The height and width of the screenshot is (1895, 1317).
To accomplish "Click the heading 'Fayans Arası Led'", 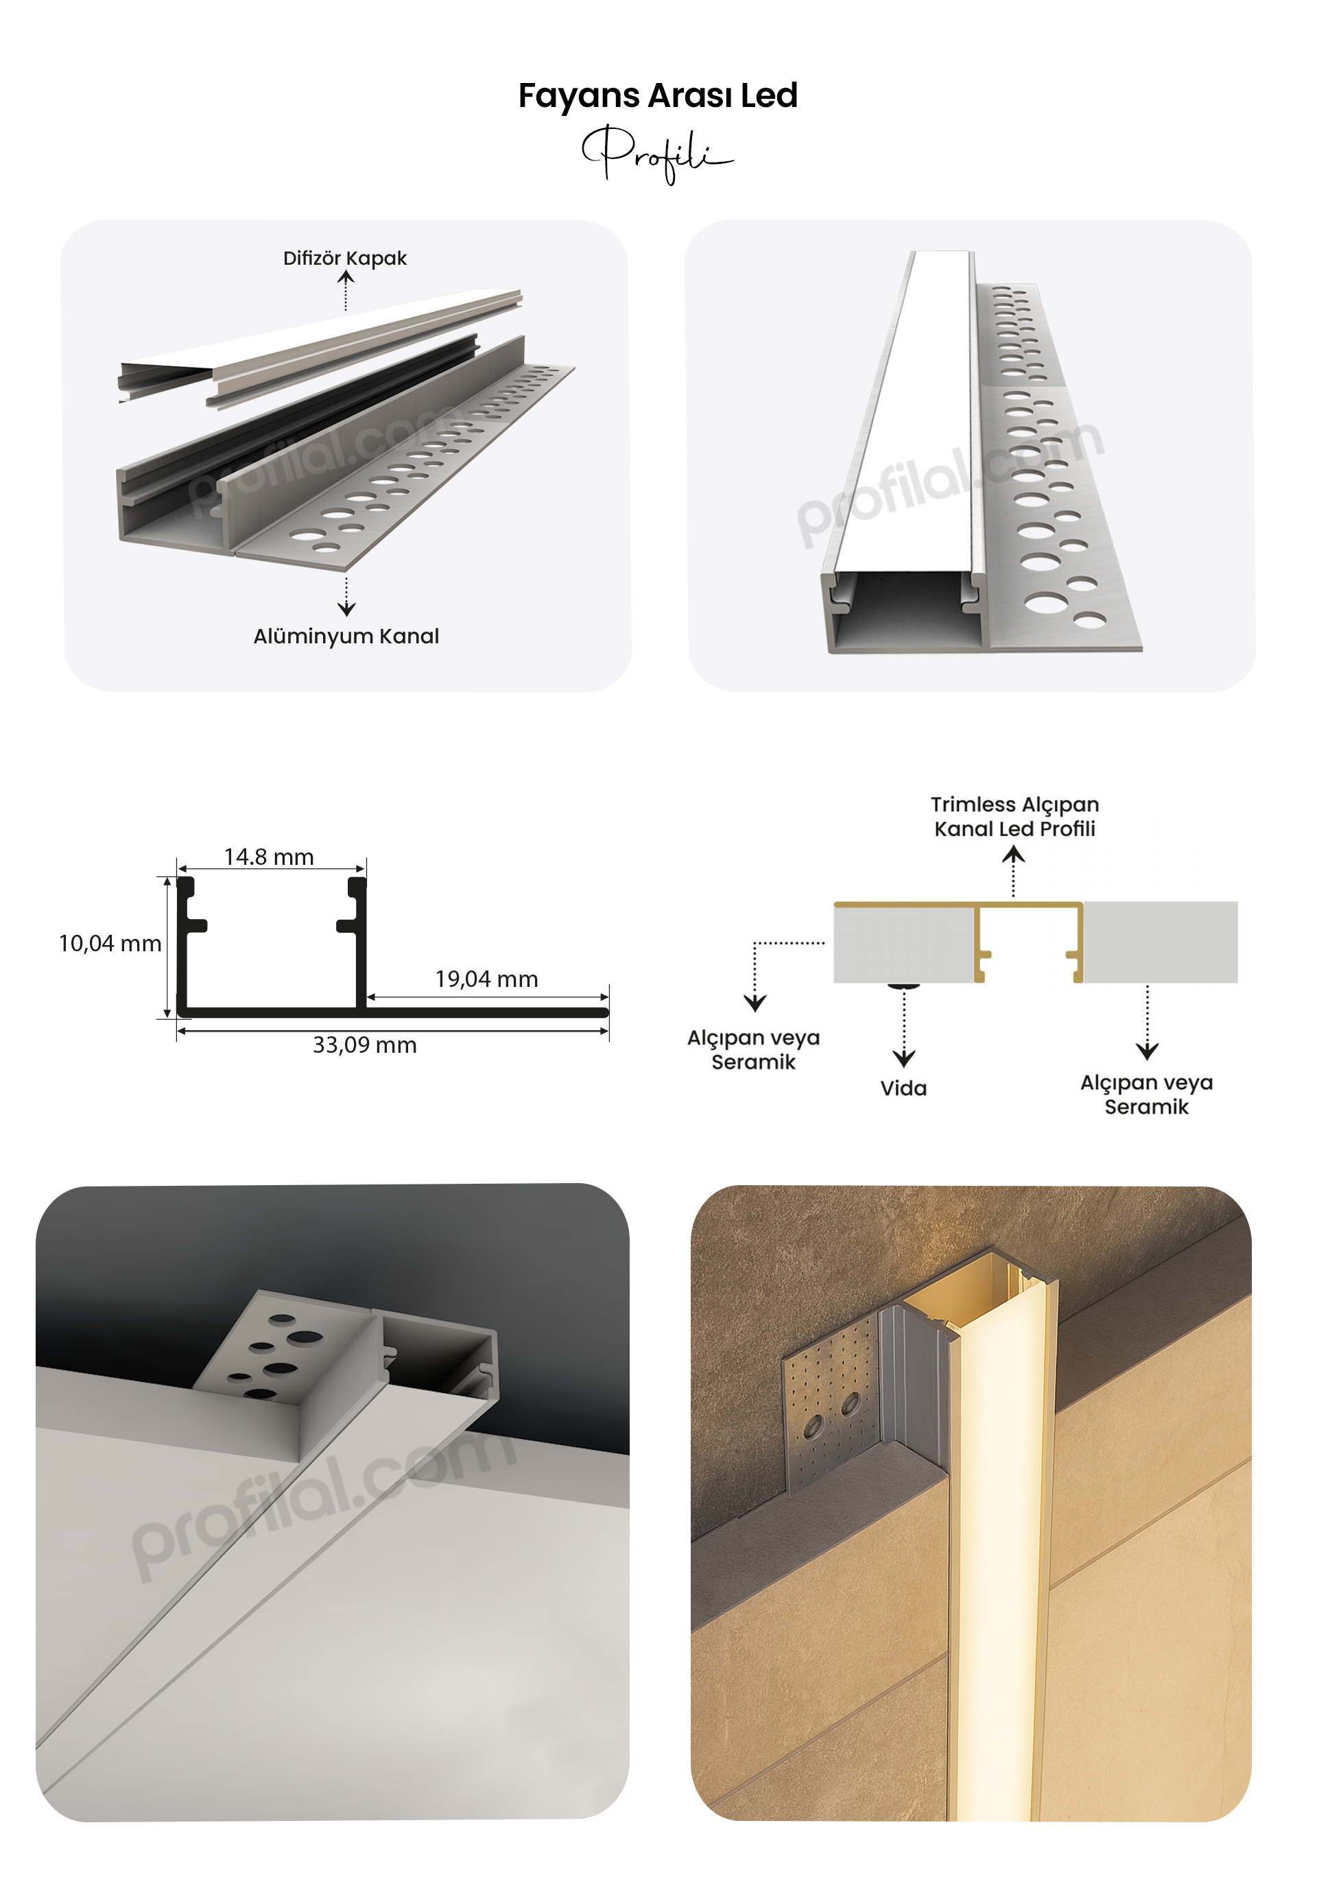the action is (658, 97).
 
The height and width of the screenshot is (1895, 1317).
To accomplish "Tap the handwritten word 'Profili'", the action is (657, 154).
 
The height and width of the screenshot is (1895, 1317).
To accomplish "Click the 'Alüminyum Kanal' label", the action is (346, 636).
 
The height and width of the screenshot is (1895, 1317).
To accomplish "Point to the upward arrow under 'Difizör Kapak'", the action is (346, 291).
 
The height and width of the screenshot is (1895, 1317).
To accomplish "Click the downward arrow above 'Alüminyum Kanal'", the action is (346, 597).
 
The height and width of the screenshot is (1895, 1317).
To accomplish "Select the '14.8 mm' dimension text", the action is (269, 857).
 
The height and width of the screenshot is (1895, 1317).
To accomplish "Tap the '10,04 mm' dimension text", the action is (110, 944).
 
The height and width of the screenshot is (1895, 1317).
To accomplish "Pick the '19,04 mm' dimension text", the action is (487, 979).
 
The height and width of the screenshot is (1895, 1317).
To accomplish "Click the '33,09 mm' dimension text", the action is (365, 1045).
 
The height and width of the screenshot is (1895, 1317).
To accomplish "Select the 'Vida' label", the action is (903, 1088).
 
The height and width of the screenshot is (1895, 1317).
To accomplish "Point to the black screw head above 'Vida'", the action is (904, 985).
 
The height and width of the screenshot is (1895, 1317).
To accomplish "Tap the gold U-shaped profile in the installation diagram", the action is (1028, 906).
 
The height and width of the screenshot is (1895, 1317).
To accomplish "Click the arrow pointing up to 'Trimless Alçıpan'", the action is (1013, 872).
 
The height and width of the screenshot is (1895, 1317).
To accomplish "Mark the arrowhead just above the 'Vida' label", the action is (904, 1059).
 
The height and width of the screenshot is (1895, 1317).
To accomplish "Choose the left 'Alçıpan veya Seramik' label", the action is (753, 1049).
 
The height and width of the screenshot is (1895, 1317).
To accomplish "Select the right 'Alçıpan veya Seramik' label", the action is (1147, 1094).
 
